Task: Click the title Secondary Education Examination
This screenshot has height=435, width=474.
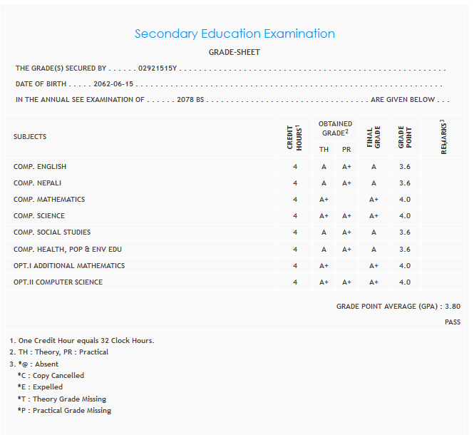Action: [x=235, y=34]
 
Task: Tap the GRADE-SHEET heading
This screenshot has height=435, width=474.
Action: [x=234, y=52]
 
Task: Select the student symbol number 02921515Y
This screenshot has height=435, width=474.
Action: [x=158, y=68]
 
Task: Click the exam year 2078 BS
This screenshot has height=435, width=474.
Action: [x=190, y=100]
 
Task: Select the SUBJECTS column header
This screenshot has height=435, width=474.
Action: [x=30, y=136]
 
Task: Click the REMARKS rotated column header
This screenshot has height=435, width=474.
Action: [x=443, y=137]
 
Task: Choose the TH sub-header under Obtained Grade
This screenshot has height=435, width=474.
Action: [x=324, y=150]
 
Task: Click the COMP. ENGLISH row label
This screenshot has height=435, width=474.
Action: [x=40, y=167]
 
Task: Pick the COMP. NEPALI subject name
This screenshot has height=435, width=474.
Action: [x=38, y=183]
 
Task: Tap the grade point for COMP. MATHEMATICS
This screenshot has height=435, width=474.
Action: [x=405, y=200]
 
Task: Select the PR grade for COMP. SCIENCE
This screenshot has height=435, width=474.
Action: [x=346, y=216]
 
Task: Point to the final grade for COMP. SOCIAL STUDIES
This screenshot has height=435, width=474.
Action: [x=373, y=232]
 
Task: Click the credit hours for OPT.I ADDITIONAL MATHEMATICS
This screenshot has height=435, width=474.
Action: [x=294, y=266]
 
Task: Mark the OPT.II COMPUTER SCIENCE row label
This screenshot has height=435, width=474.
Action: [x=58, y=282]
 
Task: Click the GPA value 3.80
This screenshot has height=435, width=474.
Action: [x=452, y=306]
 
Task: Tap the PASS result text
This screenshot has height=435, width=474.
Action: [x=452, y=322]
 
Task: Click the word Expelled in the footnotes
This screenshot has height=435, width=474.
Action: [x=48, y=387]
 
